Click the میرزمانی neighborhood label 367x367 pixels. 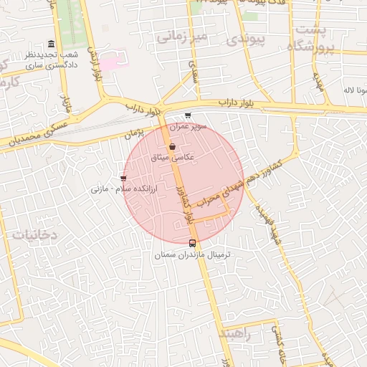point(181,35)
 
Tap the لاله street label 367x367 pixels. point(355,91)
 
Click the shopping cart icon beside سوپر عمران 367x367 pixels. point(188,115)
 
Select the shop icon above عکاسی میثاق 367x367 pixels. point(172,146)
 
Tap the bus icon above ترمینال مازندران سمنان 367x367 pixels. point(192,242)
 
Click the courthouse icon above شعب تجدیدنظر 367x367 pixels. point(49,44)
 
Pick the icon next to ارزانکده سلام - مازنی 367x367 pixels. point(124,178)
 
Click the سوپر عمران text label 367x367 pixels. point(188,126)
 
